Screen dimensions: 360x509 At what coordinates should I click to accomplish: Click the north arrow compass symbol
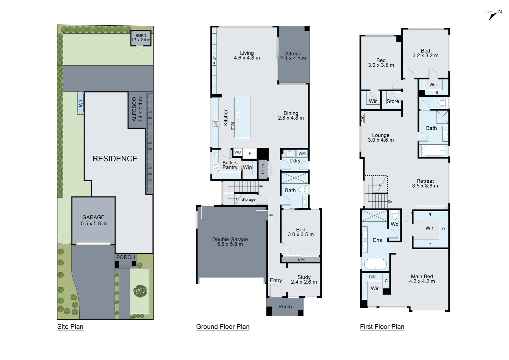[492, 15]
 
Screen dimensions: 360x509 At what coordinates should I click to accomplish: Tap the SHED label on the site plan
[141, 36]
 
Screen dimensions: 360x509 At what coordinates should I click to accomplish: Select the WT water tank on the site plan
[80, 103]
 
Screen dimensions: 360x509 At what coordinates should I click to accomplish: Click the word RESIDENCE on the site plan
[115, 159]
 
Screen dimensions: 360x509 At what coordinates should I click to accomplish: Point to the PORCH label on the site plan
[126, 257]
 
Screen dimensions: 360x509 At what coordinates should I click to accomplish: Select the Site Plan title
[70, 327]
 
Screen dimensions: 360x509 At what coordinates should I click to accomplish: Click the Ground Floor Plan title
[223, 327]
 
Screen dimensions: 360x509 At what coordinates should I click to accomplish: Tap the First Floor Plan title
[382, 327]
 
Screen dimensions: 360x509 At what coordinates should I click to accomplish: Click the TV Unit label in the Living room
[214, 60]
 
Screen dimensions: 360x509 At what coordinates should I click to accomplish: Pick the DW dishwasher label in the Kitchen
[233, 126]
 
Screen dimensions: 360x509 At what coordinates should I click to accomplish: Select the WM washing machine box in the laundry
[302, 153]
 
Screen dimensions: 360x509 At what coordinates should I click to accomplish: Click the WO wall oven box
[238, 152]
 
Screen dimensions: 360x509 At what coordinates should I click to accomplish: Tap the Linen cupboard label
[263, 169]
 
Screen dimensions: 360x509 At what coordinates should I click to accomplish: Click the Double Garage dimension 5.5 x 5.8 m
[230, 244]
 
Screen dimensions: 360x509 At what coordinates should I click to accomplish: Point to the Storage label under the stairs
[248, 199]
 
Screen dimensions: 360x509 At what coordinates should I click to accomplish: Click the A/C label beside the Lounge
[363, 118]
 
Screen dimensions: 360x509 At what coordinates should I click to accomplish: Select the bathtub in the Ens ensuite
[375, 264]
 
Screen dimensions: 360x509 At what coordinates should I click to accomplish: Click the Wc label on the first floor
[394, 224]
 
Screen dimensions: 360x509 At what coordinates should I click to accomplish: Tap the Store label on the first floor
[393, 101]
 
